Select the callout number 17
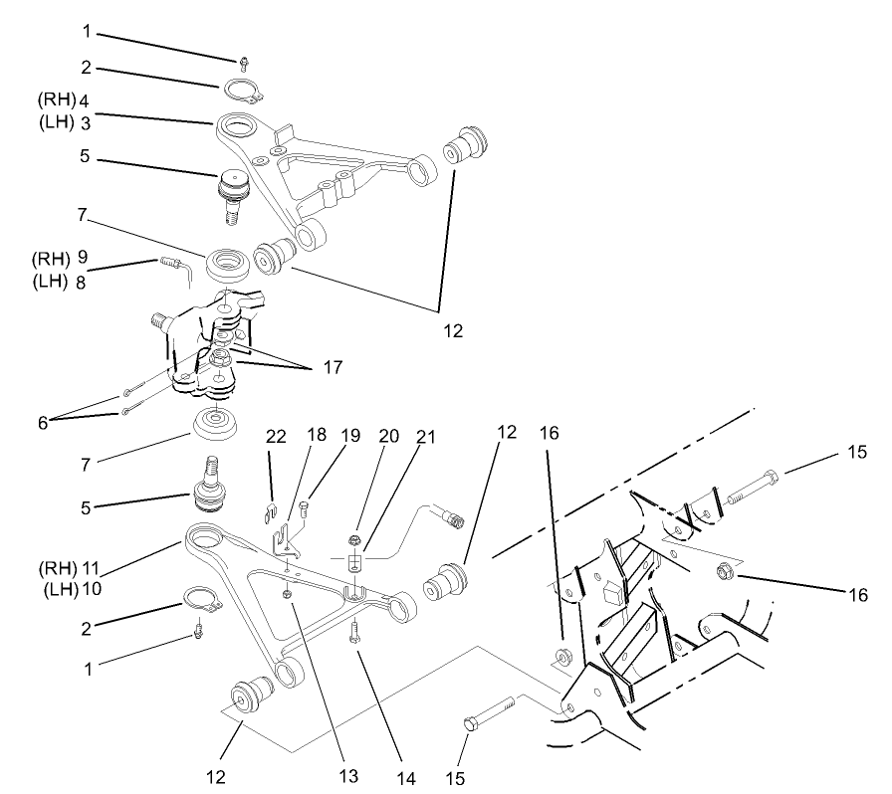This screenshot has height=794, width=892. pyautogui.click(x=333, y=368)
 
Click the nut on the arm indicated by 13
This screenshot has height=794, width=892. pyautogui.click(x=287, y=594)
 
